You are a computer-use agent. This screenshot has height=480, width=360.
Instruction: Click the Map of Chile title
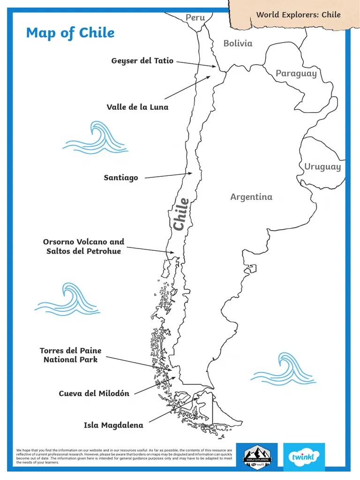point(70,33)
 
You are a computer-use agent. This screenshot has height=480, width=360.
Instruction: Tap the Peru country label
point(195,18)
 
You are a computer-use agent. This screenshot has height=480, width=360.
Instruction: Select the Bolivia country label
point(238,44)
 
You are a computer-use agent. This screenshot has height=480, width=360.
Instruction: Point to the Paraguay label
point(296,73)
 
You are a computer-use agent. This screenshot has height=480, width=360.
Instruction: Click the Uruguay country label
point(322,167)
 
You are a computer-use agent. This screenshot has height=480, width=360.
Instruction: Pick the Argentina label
point(251,197)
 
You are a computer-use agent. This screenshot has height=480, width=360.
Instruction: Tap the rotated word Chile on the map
point(181,214)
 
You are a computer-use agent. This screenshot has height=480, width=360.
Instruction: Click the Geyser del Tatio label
point(142,61)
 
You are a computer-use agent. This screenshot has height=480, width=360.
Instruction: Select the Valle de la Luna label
point(137,107)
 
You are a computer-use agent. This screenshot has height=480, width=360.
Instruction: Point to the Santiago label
point(121,178)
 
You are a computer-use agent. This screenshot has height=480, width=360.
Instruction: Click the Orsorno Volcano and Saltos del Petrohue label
point(83,247)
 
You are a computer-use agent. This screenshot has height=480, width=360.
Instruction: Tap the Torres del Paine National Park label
point(70,355)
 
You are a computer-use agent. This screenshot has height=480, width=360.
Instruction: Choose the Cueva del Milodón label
point(94,393)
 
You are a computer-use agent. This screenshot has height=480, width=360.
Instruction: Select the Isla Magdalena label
point(113,426)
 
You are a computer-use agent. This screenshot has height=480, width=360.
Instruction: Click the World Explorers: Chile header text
point(298,15)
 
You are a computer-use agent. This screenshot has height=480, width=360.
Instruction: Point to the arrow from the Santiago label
point(169,176)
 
